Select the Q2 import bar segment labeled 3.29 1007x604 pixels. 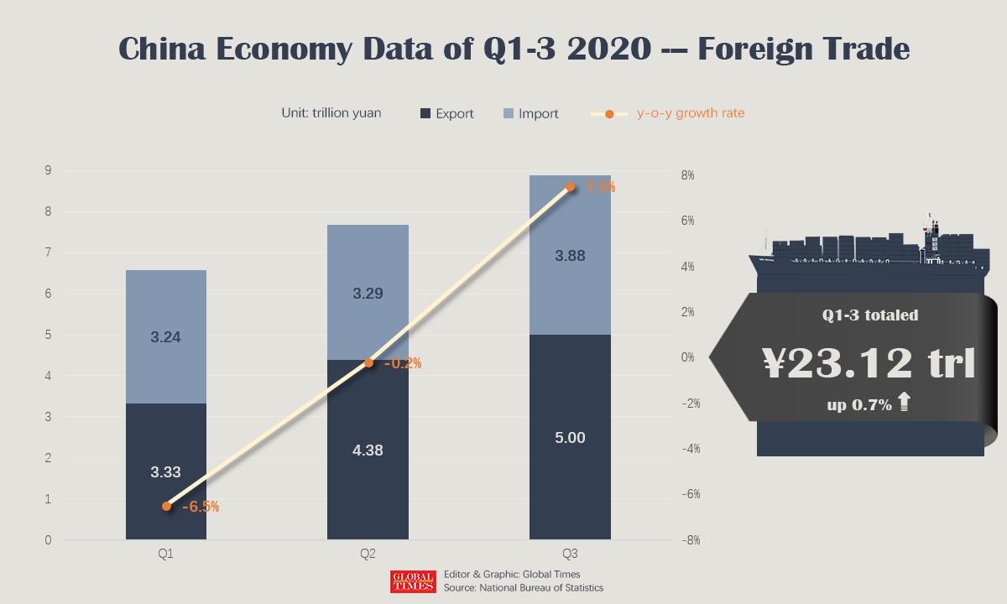coord(368,293)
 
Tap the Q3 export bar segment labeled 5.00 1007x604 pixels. coord(570,437)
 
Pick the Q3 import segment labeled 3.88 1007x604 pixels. coord(570,255)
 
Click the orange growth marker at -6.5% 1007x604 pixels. coord(166,506)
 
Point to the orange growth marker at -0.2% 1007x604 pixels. coord(368,362)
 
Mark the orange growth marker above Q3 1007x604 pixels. coord(571,187)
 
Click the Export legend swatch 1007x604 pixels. coord(425,113)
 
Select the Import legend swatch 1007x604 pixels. coord(509,113)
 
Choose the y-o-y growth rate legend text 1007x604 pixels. coord(691,113)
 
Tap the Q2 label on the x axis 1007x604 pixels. coord(368,555)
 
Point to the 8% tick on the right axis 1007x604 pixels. coord(687,175)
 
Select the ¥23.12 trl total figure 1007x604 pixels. coord(869,363)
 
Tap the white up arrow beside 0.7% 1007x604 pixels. coord(904,404)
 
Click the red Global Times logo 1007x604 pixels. coord(413,581)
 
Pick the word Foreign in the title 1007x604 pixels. coord(767,49)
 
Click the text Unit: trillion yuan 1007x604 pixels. coord(331,113)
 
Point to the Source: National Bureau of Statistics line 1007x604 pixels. coord(524,588)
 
